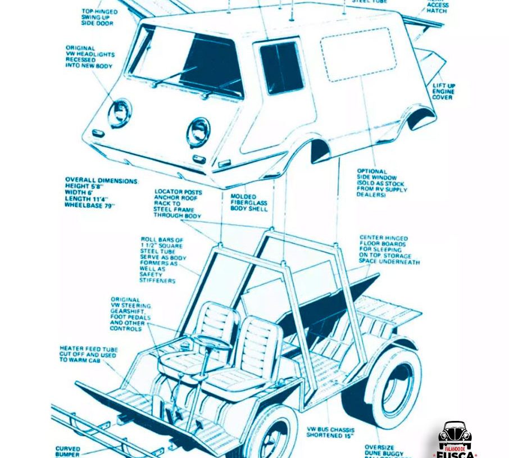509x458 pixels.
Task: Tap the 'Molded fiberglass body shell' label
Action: pyautogui.click(x=248, y=203)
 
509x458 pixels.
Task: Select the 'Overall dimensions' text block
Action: pyautogui.click(x=101, y=193)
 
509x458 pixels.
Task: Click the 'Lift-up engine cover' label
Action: pyautogui.click(x=443, y=92)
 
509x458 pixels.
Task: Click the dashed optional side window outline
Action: pyautogui.click(x=358, y=54)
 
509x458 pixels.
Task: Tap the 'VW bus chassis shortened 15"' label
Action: pyautogui.click(x=330, y=432)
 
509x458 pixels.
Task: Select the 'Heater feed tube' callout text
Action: pyautogui.click(x=88, y=354)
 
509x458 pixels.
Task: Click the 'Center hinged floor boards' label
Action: pyautogui.click(x=389, y=250)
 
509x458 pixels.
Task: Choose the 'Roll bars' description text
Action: pyautogui.click(x=162, y=260)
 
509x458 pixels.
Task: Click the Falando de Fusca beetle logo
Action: pyautogui.click(x=455, y=439)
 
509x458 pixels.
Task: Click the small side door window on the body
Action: pyautogui.click(x=281, y=67)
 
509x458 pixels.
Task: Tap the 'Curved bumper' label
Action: pyautogui.click(x=67, y=452)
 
